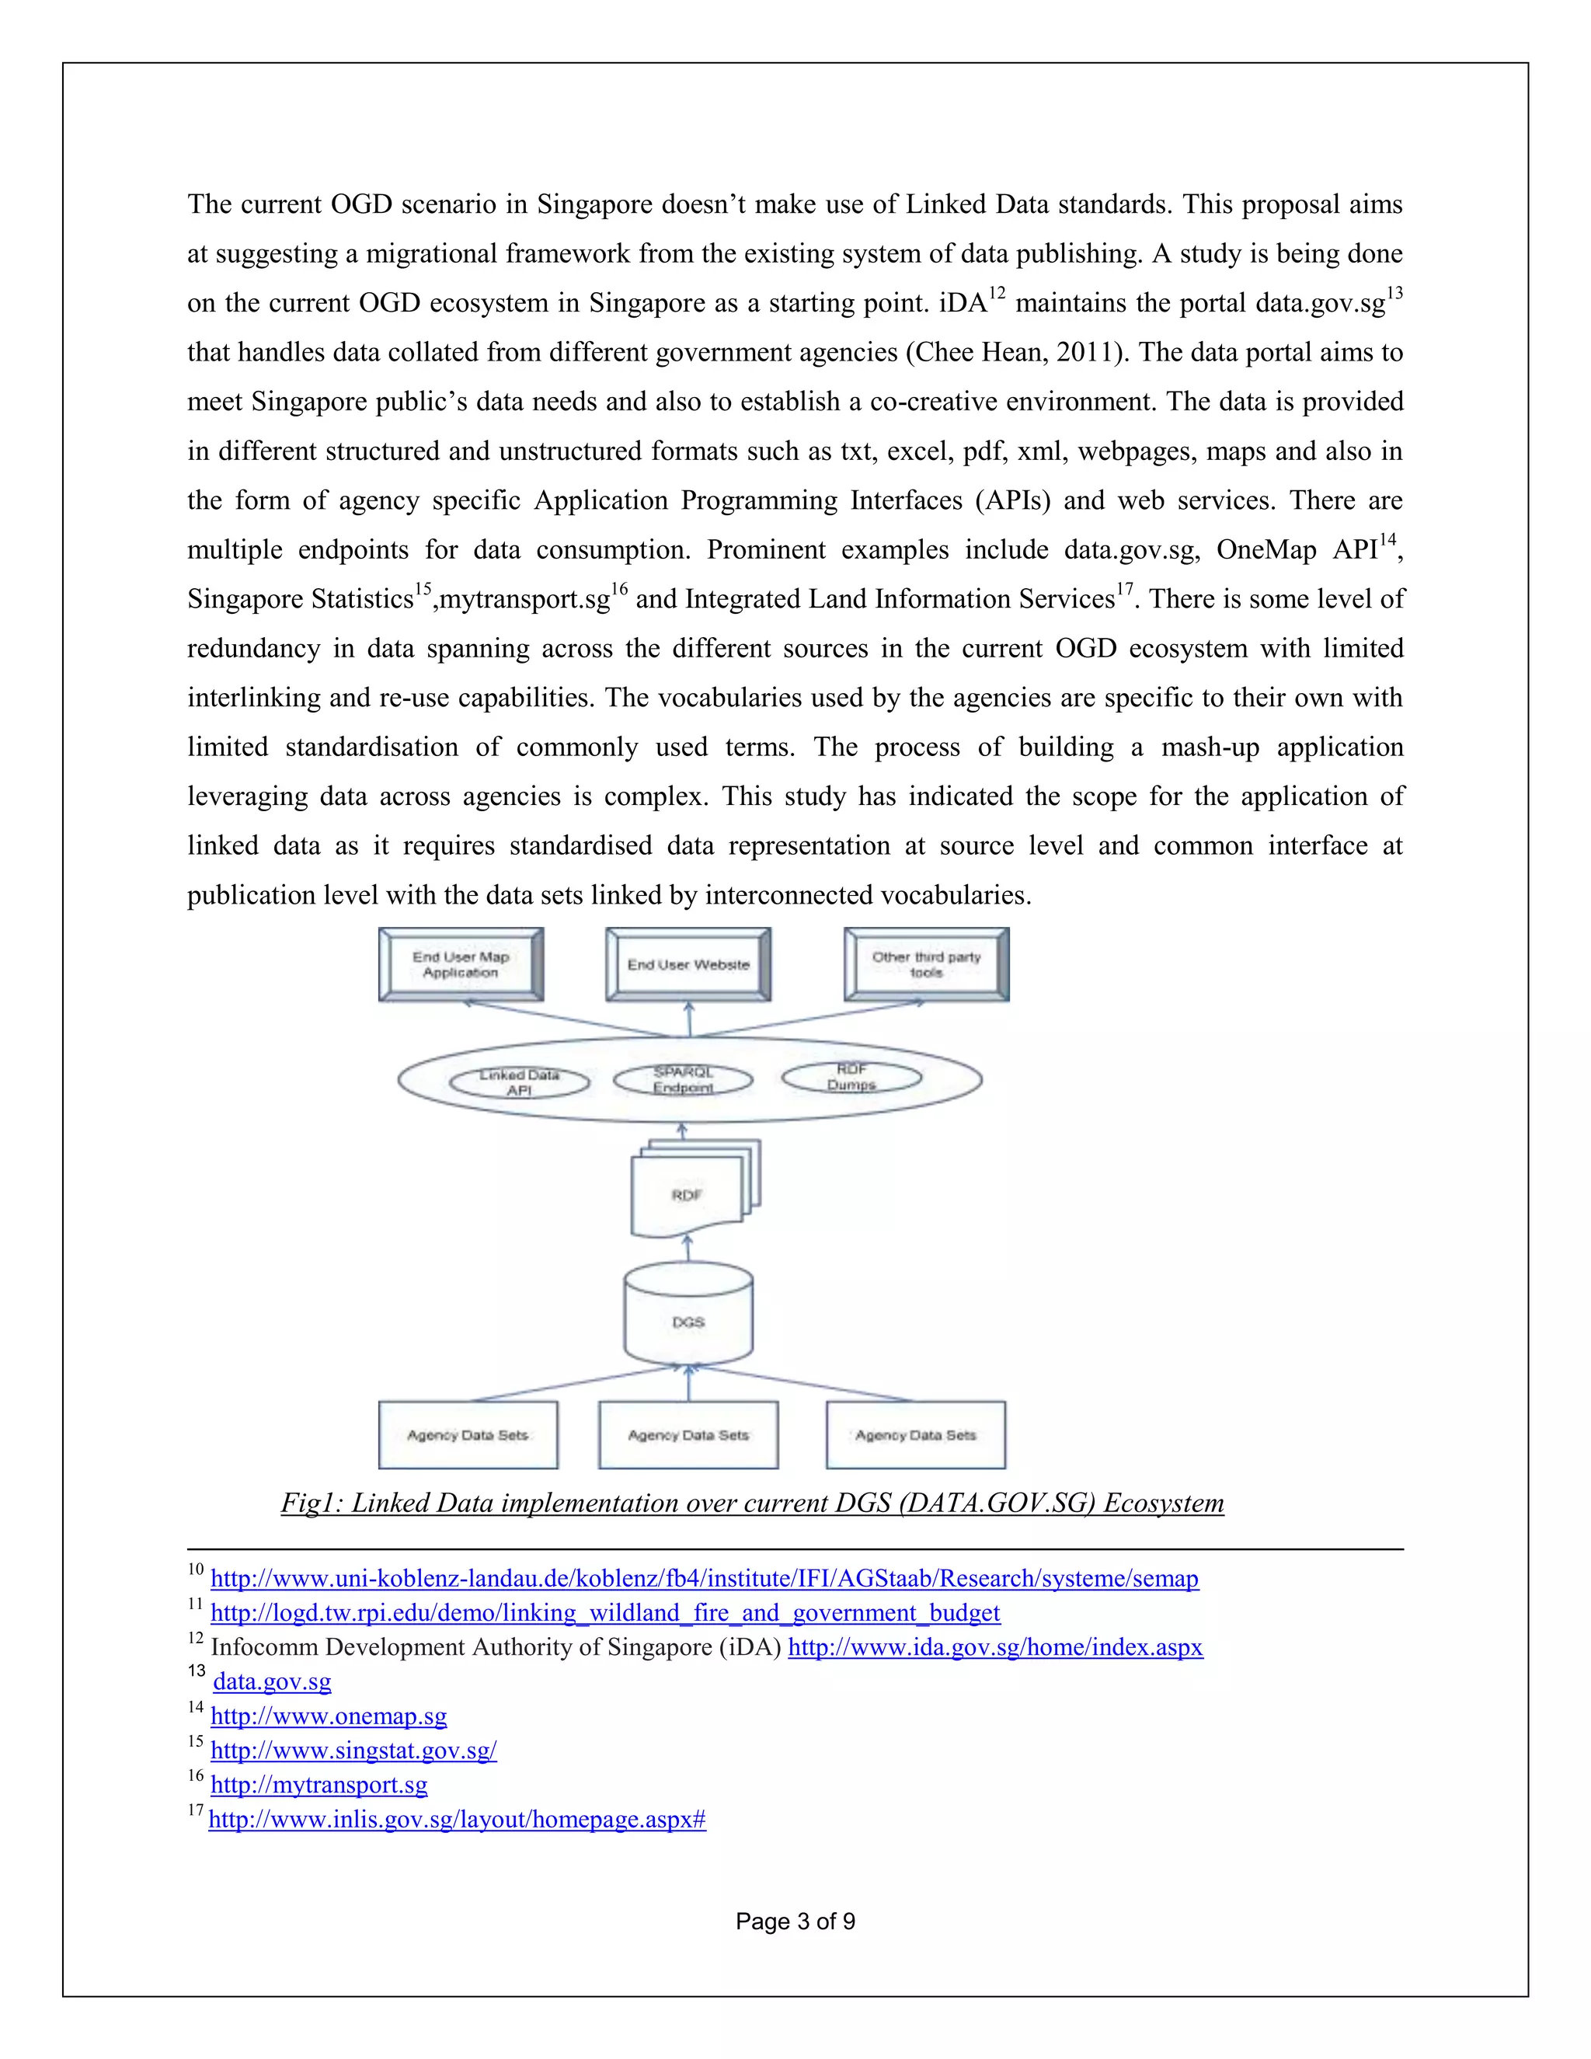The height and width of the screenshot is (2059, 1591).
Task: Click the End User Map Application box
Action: pyautogui.click(x=460, y=963)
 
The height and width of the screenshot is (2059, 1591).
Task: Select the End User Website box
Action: pyautogui.click(x=688, y=963)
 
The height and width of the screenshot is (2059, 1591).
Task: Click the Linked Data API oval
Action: pyautogui.click(x=520, y=1082)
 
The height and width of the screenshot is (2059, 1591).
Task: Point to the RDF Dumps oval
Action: pyautogui.click(x=851, y=1077)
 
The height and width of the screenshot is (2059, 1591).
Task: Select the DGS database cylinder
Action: pyautogui.click(x=688, y=1320)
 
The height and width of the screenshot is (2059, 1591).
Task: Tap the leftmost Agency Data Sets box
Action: pyautogui.click(x=468, y=1435)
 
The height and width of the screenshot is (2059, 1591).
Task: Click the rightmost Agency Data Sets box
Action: pyautogui.click(x=915, y=1435)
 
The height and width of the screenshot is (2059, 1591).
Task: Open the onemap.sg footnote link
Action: pyautogui.click(x=328, y=1715)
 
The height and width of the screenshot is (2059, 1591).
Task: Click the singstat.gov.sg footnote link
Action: pyautogui.click(x=353, y=1750)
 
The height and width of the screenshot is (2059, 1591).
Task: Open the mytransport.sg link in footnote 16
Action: pyautogui.click(x=319, y=1784)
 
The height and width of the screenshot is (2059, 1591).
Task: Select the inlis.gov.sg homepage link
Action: pyautogui.click(x=457, y=1819)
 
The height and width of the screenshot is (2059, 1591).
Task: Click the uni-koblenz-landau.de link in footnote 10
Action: pyautogui.click(x=704, y=1578)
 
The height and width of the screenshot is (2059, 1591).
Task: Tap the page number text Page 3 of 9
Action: pyautogui.click(x=795, y=1921)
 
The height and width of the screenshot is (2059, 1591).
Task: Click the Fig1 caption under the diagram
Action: pyautogui.click(x=752, y=1503)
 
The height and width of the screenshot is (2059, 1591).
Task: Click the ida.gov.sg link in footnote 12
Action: pyautogui.click(x=994, y=1647)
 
